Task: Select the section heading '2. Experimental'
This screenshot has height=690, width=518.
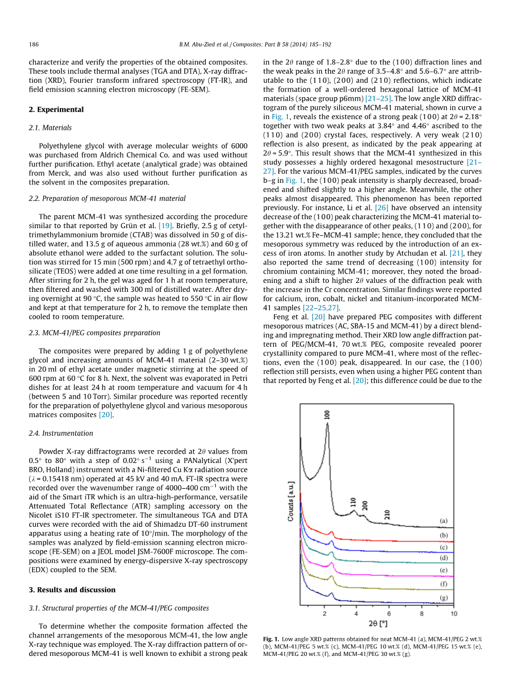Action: [x=56, y=110]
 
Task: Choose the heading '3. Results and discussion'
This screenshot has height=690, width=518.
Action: [x=72, y=590]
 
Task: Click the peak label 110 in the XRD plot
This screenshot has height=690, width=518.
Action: [x=353, y=501]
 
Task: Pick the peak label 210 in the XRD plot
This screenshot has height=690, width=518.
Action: [x=387, y=514]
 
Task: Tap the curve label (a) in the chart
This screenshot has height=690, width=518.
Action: [x=444, y=521]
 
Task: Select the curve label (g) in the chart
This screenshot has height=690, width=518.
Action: [x=444, y=598]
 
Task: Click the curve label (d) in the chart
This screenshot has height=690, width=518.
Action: [x=444, y=557]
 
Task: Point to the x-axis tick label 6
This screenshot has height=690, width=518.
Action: [x=389, y=613]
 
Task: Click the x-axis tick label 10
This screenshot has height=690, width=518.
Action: [x=454, y=613]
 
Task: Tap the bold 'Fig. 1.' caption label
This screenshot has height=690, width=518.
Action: [x=271, y=639]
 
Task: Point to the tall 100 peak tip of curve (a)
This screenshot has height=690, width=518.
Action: [x=327, y=424]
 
